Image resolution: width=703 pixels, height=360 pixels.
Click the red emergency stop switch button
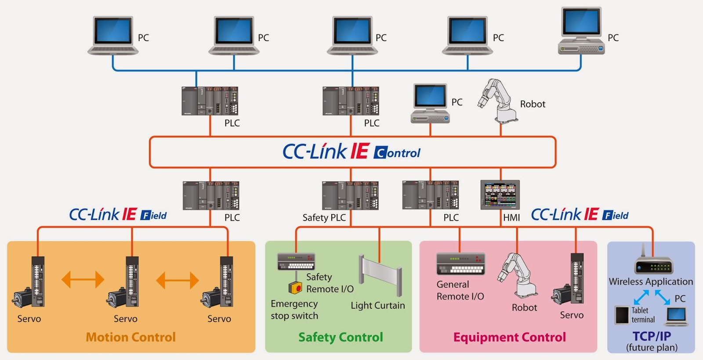[x=296, y=288]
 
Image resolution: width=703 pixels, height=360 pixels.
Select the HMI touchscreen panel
[x=500, y=194]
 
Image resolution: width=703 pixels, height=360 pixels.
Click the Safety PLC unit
[x=350, y=196]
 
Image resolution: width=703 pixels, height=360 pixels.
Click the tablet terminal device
[x=622, y=315]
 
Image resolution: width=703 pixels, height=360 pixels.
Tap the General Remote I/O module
[x=460, y=263]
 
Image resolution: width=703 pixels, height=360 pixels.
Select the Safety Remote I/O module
[x=296, y=262]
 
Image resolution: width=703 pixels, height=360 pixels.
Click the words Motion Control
[x=130, y=337]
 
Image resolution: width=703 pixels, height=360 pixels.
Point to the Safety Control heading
[x=341, y=337]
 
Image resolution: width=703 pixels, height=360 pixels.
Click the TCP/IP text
[x=652, y=336]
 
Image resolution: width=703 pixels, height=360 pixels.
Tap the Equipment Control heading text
[x=509, y=337]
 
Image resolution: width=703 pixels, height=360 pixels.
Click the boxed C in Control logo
[x=380, y=153]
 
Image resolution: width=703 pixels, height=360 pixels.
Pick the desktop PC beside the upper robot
[x=431, y=104]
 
